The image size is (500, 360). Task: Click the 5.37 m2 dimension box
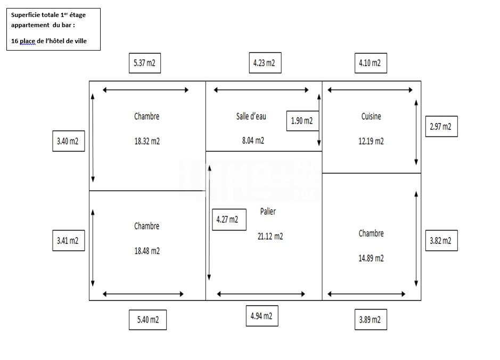coord(145,63)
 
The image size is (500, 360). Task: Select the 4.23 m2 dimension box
coord(265,63)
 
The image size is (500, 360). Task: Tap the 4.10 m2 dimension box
coord(371,63)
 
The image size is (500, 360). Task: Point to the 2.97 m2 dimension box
coord(441,127)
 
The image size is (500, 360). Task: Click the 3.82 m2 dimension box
coord(441,240)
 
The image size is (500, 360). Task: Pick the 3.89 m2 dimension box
coord(371,320)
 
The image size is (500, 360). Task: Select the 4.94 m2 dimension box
coord(262,316)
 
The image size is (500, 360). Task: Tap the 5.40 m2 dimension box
coord(147,320)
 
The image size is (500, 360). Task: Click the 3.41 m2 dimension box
coord(69,240)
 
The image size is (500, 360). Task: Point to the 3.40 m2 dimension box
coord(69,141)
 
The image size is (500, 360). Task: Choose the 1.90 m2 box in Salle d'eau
coord(302,121)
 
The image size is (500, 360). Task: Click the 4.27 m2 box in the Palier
coord(229,220)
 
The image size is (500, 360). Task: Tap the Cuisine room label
coord(371,117)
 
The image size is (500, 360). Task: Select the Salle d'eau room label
coord(251,117)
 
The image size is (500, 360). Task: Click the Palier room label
coord(268,211)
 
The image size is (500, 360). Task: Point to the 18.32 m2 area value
coord(147,141)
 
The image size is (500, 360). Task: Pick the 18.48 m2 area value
coord(147,251)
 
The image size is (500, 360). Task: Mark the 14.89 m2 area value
coord(371,258)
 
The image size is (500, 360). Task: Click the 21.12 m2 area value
coord(270,236)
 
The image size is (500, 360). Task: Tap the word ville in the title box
coord(80,41)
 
